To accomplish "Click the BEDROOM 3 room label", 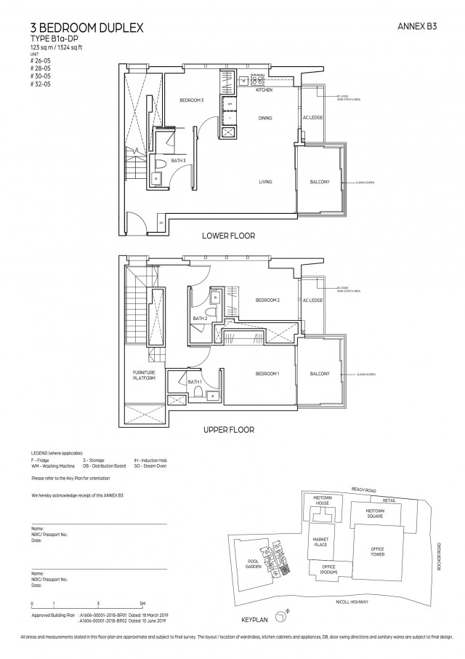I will coord(192,100).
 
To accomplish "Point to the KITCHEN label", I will coord(264,89).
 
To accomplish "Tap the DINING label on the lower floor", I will coord(264,117).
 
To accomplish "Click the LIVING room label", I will coord(264,182).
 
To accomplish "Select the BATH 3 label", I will coord(179,160).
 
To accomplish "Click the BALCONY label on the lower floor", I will coord(320,182).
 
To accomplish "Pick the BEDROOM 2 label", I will coord(267,300).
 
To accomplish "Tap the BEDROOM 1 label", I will coord(267,374).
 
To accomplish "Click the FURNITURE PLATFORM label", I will coord(145,375).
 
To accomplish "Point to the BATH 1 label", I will coord(194,382).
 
